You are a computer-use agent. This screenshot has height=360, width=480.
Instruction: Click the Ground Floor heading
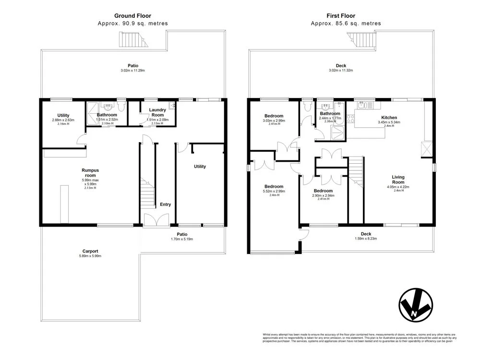pos(132,15)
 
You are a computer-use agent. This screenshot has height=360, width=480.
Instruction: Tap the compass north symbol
pos(415,305)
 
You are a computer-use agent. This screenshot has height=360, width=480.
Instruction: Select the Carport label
pos(90,251)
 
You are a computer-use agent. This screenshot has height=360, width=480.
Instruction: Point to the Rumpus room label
pos(91,172)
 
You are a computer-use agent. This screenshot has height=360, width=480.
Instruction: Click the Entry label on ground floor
pos(165,204)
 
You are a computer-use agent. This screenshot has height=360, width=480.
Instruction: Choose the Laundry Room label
pos(157,113)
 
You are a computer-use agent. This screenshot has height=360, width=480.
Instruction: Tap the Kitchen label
pos(389,117)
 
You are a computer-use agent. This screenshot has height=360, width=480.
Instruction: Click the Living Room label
pos(398,179)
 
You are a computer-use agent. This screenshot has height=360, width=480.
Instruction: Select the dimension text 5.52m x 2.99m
pos(274,191)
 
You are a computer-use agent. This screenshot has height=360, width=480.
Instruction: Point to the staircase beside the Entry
pos(148,194)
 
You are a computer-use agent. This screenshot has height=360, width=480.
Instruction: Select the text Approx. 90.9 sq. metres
pos(132,23)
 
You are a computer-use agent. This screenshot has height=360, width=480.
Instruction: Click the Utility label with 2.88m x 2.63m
pos(63,116)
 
